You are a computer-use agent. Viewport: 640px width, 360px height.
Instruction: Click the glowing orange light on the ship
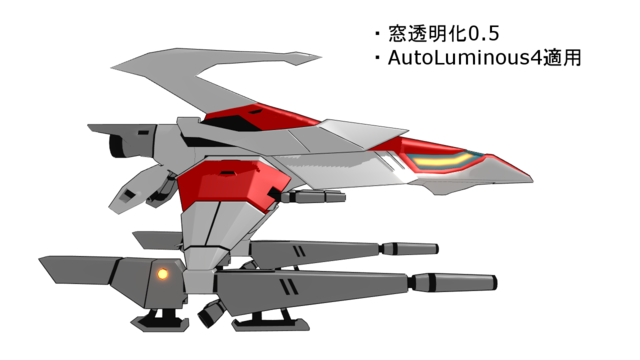pos(162,272)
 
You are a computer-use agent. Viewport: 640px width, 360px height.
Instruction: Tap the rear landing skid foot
pos(158,321)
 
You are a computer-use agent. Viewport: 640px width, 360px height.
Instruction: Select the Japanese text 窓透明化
pos(418,33)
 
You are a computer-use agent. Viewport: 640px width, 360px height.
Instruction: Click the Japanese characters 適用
pos(559,58)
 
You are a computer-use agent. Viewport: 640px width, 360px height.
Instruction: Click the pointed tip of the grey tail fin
pos(42,261)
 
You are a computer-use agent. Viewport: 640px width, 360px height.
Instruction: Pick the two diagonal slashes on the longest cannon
pos(287,287)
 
